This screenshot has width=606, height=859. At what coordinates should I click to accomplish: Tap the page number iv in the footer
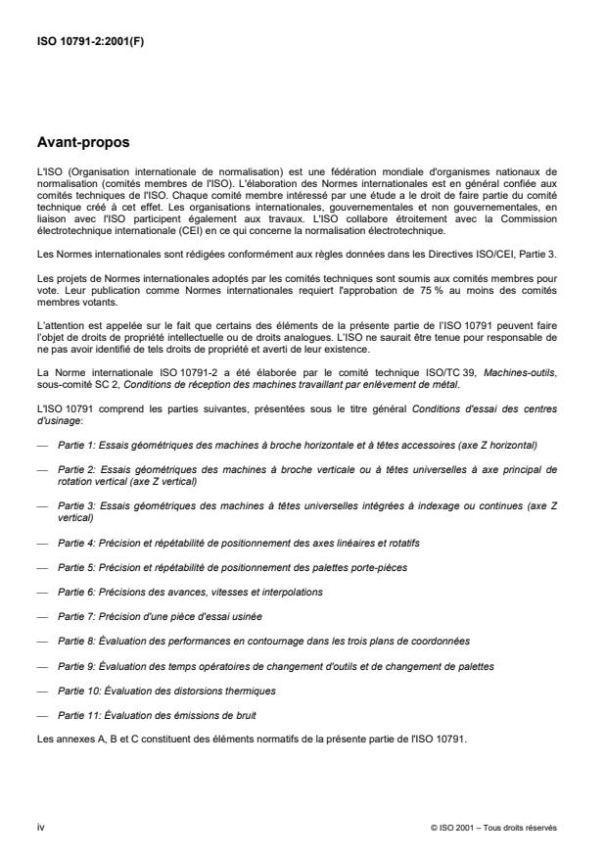41,827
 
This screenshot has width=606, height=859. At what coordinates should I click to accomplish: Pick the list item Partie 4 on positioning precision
241,542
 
